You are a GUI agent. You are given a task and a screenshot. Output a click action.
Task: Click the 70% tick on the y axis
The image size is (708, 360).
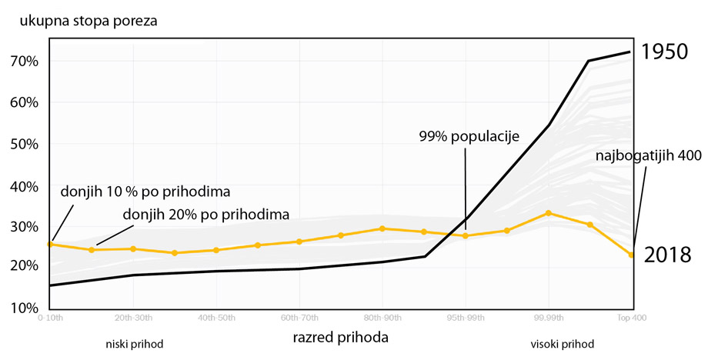(x=25, y=62)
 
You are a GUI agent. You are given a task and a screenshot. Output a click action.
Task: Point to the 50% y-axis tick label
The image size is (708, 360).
(x=25, y=145)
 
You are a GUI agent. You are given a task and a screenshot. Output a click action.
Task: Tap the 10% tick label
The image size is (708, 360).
(x=25, y=308)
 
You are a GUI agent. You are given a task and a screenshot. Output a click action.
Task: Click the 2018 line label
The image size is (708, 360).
(x=667, y=255)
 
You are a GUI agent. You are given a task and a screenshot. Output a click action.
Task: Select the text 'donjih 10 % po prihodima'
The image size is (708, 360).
(x=145, y=191)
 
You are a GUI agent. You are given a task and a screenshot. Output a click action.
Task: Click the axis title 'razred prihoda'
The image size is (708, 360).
(x=340, y=337)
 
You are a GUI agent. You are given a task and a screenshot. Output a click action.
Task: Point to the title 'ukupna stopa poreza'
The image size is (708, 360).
(x=83, y=21)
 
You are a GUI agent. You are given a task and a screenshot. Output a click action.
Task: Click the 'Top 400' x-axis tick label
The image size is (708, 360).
(x=632, y=318)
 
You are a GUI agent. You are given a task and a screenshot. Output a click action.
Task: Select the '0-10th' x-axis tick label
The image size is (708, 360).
(x=51, y=318)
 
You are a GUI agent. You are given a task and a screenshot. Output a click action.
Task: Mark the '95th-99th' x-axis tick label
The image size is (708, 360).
(x=466, y=318)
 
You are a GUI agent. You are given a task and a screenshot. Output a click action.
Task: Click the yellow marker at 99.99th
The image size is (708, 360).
(x=549, y=213)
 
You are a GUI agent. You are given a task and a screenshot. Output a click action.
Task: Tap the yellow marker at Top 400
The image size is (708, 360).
(x=632, y=255)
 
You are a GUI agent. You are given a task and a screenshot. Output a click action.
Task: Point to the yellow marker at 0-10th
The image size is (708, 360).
(x=51, y=244)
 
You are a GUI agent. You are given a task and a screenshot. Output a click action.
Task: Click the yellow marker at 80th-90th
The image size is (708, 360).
(x=382, y=228)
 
